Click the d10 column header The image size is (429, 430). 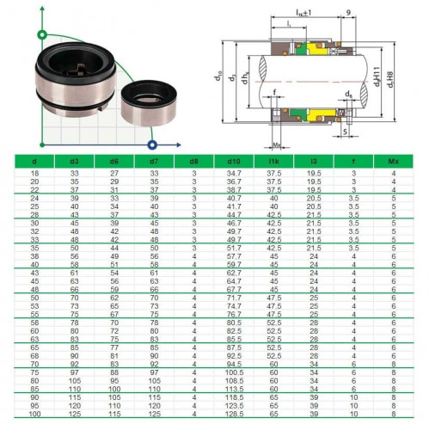point(233,161)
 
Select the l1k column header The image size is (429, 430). point(273,161)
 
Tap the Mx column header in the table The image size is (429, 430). point(393,161)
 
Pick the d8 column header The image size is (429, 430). point(193,161)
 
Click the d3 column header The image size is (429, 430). point(74,161)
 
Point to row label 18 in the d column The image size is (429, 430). point(34,174)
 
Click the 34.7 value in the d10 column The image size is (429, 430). point(233,174)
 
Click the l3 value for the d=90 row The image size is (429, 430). point(314,397)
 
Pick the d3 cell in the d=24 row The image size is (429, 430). point(74,199)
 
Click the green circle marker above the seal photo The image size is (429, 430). point(41,35)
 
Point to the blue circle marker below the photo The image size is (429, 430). point(152,144)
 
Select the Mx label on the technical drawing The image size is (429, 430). point(275,145)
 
